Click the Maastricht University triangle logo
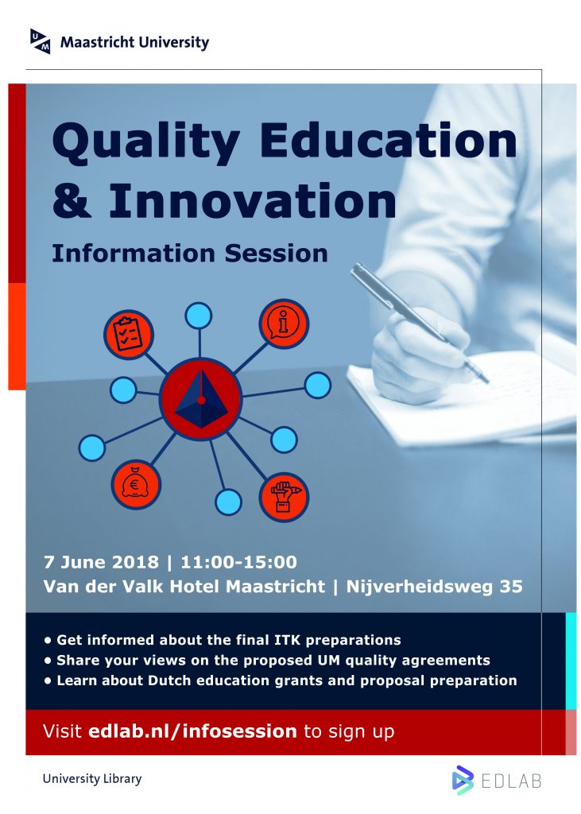(x=41, y=41)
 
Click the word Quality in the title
(x=146, y=141)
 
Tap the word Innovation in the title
(x=253, y=201)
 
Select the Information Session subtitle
(x=189, y=254)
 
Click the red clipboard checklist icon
(x=128, y=335)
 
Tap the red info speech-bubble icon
(x=284, y=323)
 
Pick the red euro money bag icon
(x=136, y=485)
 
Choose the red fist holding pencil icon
(x=284, y=497)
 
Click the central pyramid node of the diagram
(x=200, y=398)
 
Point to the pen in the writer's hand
(x=419, y=323)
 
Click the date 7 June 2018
(x=101, y=562)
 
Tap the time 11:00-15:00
(x=239, y=562)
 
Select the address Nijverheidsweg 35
(x=434, y=586)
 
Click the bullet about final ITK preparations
(x=223, y=640)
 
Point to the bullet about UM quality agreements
(x=267, y=660)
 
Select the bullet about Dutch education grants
(x=281, y=680)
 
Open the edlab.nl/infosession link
(x=192, y=731)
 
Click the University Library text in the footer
(x=92, y=778)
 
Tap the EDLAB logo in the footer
(x=497, y=781)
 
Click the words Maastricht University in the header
(x=134, y=42)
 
